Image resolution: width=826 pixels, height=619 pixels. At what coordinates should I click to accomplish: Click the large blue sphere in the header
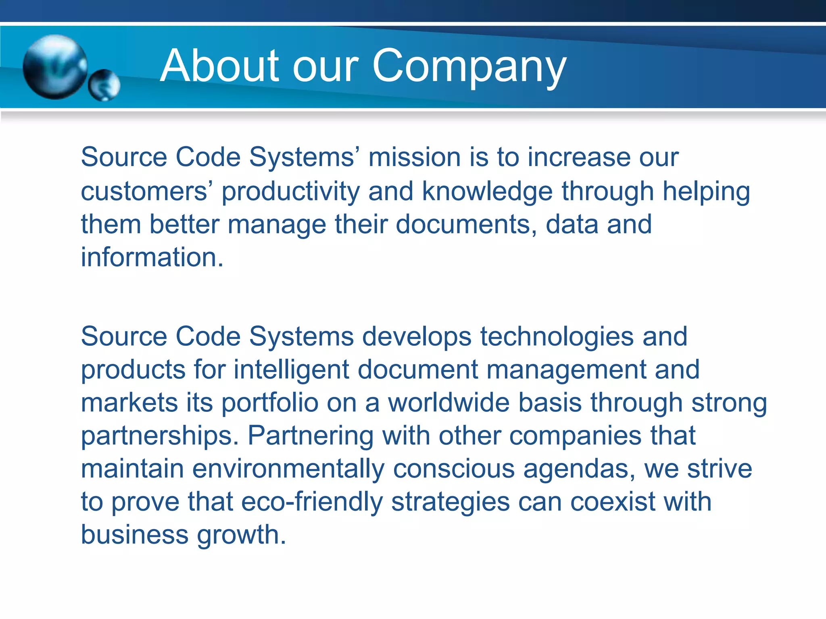[55, 66]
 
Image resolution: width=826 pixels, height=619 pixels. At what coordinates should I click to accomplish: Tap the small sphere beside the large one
[104, 85]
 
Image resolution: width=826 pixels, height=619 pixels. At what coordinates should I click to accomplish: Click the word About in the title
[219, 66]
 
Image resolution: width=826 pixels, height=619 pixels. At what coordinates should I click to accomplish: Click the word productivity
[291, 191]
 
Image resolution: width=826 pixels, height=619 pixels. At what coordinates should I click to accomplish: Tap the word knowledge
[487, 191]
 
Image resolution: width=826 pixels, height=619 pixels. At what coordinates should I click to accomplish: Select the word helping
[706, 192]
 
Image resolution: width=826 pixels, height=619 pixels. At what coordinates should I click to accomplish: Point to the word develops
[417, 337]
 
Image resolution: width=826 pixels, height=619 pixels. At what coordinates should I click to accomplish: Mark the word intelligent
[291, 370]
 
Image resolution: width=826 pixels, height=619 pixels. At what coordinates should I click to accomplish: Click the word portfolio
[270, 403]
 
